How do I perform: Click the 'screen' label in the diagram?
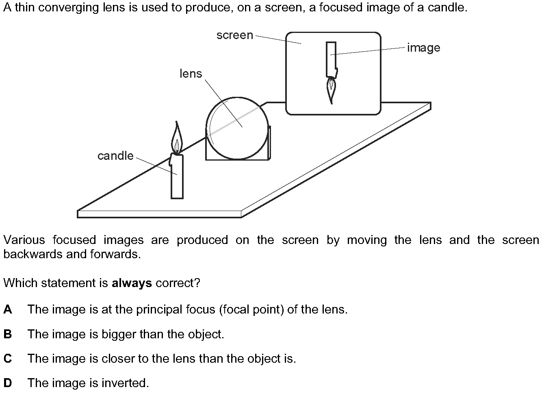coord(234,35)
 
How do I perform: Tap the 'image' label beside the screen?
coord(424,48)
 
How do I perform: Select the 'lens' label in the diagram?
coord(191,74)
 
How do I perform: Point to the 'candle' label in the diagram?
coord(115,156)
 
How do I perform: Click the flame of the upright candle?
coord(177,139)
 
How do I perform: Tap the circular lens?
coord(237,128)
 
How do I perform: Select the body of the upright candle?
coord(177,176)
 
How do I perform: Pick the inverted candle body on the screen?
coord(332,60)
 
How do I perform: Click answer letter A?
coord(8,309)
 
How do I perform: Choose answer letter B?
coord(8,334)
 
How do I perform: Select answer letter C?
coord(8,359)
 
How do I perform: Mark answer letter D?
coord(8,383)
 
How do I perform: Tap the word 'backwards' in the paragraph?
coord(33,254)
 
